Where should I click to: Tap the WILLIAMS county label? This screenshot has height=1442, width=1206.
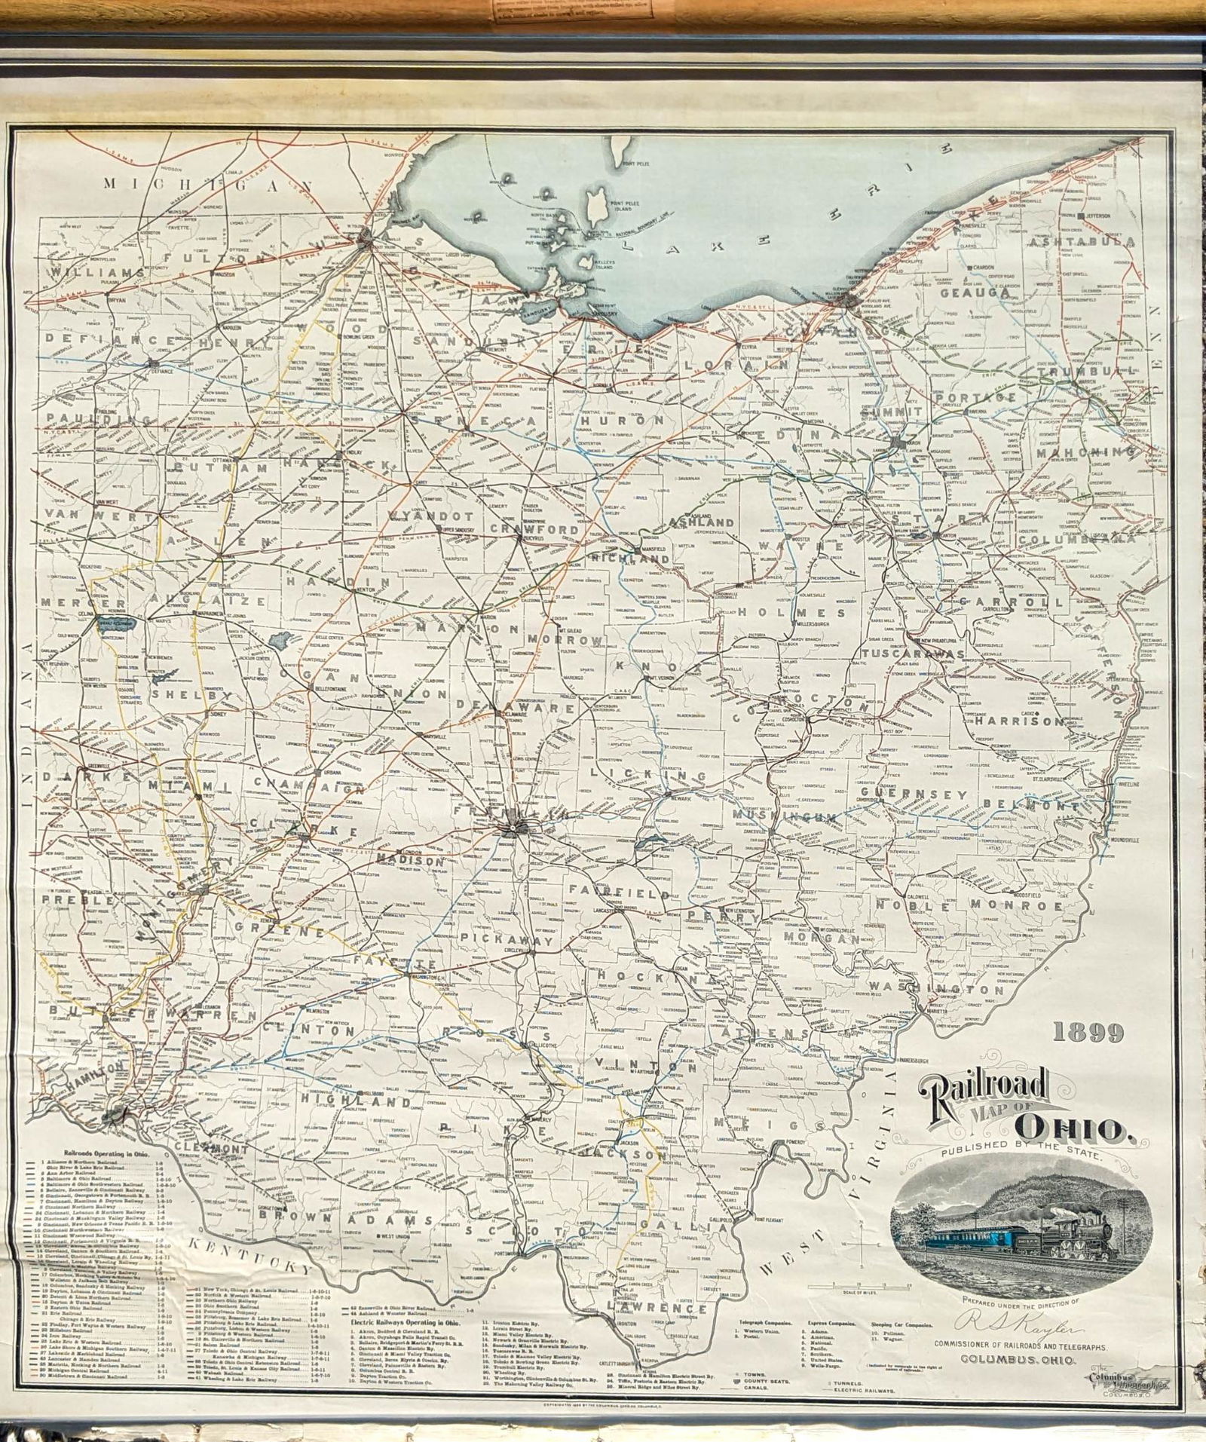point(84,272)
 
